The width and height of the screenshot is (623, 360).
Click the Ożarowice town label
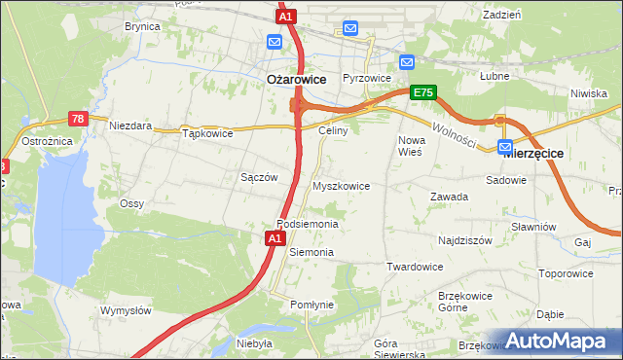296,79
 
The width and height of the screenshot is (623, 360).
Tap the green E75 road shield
421,92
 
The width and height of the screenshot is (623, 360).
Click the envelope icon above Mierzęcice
506,148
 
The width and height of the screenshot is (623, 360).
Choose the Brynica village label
141,27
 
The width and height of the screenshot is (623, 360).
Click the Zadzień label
501,15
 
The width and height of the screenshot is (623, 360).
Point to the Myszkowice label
341,185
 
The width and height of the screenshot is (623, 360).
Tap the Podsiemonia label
307,224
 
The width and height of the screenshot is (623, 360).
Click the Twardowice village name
415,267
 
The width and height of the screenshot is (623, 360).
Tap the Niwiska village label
590,93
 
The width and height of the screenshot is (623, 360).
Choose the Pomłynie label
311,305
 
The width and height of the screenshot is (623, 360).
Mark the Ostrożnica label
43,142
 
